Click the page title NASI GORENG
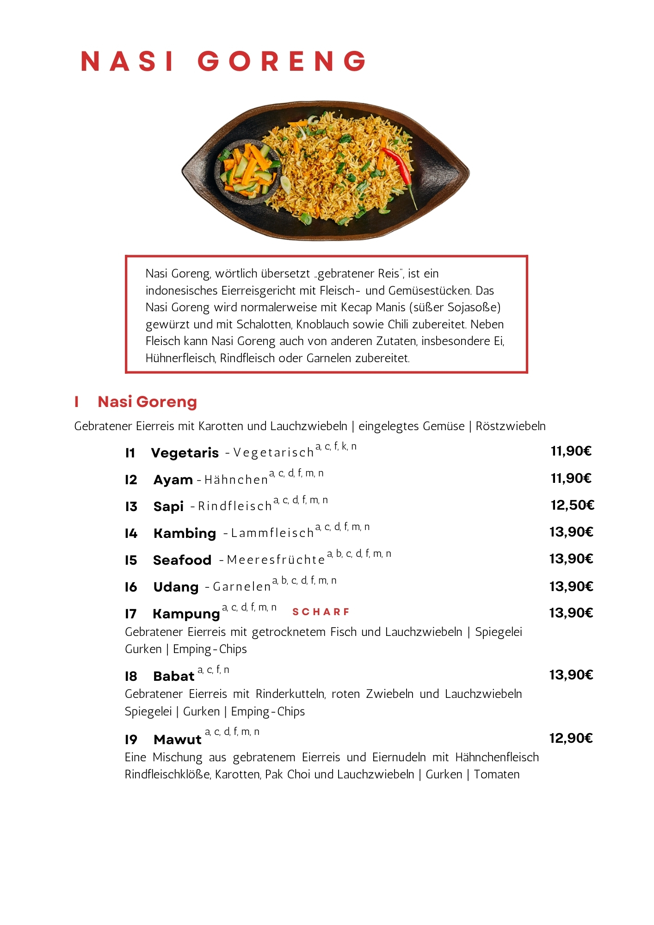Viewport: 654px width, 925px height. (x=223, y=61)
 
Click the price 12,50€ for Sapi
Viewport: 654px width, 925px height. (x=572, y=505)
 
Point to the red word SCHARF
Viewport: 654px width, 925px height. (x=321, y=612)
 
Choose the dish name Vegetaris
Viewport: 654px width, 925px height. (x=185, y=453)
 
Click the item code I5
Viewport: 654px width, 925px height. (x=131, y=560)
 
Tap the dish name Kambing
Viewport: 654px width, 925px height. (x=185, y=533)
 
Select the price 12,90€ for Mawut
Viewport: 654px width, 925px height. (x=571, y=738)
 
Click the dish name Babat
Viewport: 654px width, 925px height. (x=173, y=676)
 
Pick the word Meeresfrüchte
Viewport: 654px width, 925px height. (x=276, y=560)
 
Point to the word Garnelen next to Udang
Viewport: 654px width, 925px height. (x=242, y=587)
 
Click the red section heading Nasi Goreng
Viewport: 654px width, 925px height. (x=147, y=401)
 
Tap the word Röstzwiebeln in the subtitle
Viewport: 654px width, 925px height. (x=511, y=426)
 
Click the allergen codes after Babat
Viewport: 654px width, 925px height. (x=213, y=670)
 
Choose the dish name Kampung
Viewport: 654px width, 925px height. (x=186, y=614)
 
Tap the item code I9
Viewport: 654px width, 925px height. (x=131, y=740)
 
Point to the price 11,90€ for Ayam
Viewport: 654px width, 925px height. (x=571, y=478)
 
